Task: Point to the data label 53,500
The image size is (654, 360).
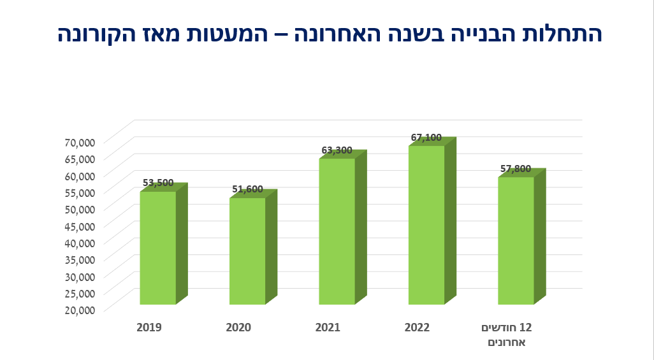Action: pos(158,183)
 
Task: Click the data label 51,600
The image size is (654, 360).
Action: pos(247,189)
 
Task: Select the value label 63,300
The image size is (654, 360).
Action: pos(337,150)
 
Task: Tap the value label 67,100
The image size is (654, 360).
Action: pos(426,137)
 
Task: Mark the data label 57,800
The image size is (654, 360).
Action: pos(516,169)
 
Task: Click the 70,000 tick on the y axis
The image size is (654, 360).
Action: pos(80,141)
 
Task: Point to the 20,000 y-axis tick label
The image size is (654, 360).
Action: pos(80,310)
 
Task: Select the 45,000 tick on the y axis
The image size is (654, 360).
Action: pos(80,226)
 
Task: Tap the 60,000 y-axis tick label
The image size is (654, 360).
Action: pos(80,175)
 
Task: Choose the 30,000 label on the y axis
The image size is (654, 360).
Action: pos(80,276)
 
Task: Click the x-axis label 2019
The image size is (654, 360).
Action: pos(149,328)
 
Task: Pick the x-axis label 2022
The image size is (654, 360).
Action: pos(417,328)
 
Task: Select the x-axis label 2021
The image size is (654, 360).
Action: pos(328,328)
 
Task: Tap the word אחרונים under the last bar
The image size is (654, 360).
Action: pos(506,343)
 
